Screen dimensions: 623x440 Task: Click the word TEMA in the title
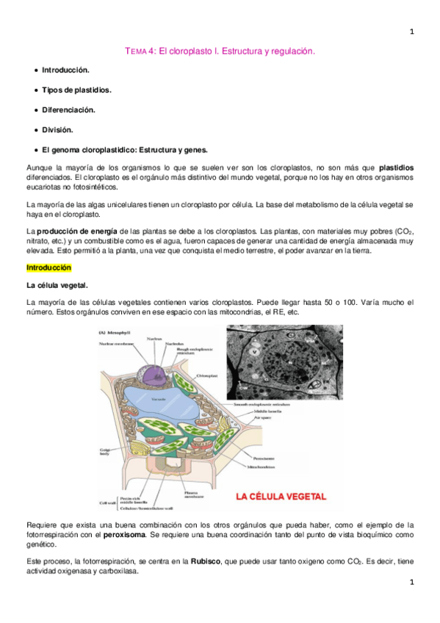[136, 51]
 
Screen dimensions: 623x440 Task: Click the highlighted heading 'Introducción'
[48, 267]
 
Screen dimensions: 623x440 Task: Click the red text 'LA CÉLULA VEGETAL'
[281, 496]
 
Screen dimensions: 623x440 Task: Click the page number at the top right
[412, 32]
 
